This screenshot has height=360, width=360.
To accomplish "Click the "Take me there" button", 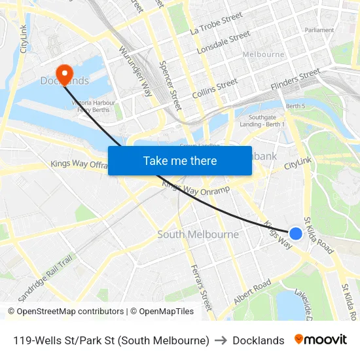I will [179, 160].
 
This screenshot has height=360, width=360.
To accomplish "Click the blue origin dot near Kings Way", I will [295, 233].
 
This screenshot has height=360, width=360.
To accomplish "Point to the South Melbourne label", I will [198, 234].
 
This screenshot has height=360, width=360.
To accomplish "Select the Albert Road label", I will [252, 292].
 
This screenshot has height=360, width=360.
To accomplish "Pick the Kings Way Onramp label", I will [196, 189].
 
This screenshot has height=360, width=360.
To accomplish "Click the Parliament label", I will [319, 30].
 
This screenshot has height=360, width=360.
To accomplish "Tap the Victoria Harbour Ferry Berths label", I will [93, 107].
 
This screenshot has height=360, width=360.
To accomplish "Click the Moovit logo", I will [321, 340].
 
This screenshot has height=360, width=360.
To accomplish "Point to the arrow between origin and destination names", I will [221, 340].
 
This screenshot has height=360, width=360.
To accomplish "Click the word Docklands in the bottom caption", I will [258, 340].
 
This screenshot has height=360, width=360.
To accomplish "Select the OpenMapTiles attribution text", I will [162, 312].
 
